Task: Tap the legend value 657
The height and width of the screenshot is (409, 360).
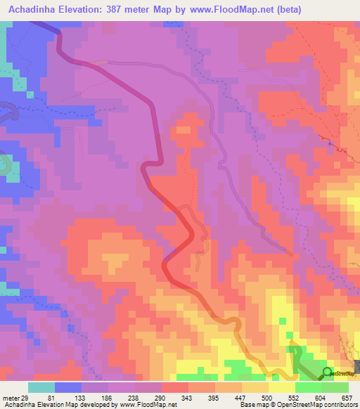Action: click(x=345, y=397)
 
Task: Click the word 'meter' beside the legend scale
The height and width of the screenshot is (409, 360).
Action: click(x=10, y=397)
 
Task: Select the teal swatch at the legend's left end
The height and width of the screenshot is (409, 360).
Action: click(x=41, y=387)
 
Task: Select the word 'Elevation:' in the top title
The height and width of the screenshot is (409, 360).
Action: click(x=86, y=8)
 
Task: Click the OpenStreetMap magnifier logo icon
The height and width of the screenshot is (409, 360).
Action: click(x=328, y=372)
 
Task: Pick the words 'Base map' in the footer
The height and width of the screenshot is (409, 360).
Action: click(x=249, y=405)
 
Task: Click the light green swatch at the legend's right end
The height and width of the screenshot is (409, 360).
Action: click(x=335, y=387)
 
